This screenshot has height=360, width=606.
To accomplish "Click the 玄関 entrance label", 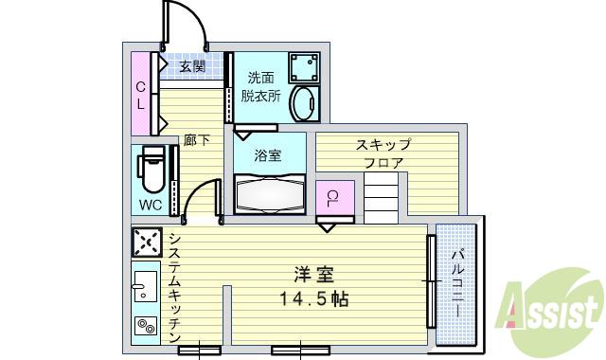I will tap(192, 66).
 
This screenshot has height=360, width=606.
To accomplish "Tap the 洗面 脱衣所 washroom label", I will tap(260, 87).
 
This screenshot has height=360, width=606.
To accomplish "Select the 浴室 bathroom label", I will tap(268, 155).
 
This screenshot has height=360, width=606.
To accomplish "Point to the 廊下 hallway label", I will tap(196, 141).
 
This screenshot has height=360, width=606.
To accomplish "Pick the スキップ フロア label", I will tap(383, 153).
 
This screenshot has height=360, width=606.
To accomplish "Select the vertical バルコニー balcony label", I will tap(456, 284).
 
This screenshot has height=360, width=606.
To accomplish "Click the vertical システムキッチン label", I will tap(176, 289).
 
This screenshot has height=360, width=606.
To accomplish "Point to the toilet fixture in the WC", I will tap(151, 171).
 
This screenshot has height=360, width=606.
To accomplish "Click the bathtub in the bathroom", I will tap(269, 195).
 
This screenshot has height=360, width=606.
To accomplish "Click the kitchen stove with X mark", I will tap(147, 244).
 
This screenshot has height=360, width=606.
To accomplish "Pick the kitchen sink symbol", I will tap(146, 285).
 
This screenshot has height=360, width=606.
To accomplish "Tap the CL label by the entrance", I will tap(139, 94).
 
